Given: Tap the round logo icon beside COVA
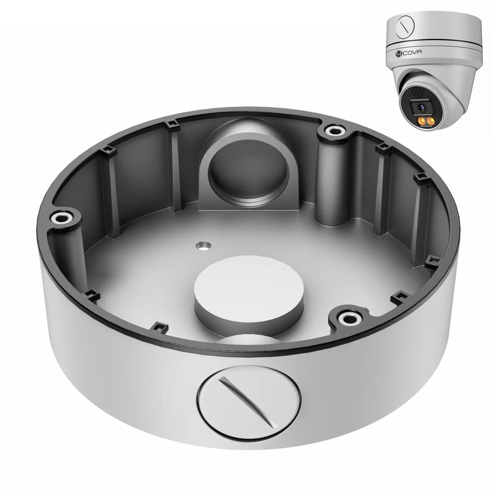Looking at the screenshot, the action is [399, 54].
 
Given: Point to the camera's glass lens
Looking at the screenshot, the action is [422, 107].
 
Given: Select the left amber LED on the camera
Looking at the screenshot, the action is [420, 122].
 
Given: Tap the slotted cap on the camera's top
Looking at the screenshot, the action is [405, 25].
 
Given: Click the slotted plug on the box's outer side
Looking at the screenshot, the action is [249, 402].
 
